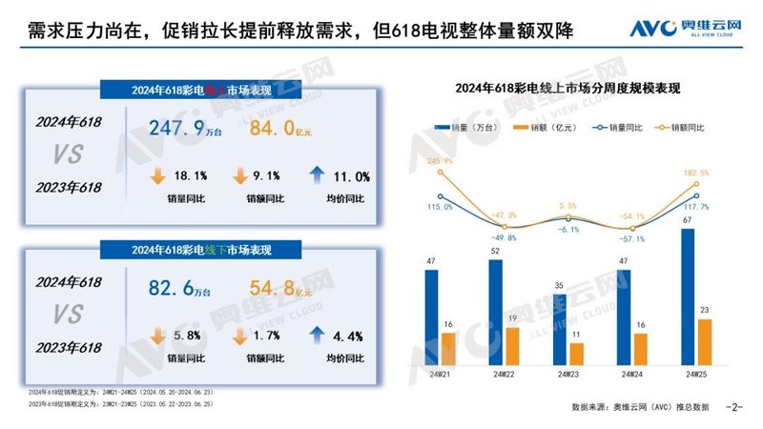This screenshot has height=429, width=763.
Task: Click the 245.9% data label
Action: click(x=440, y=161)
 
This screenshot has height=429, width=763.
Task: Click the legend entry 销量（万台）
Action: click(x=460, y=126)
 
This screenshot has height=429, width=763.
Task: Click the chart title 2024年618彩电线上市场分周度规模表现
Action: click(x=573, y=88)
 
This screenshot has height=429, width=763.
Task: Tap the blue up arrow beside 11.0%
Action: click(x=319, y=175)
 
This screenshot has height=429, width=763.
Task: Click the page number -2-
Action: click(x=734, y=408)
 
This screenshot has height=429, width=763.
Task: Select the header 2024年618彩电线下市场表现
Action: click(x=198, y=250)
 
